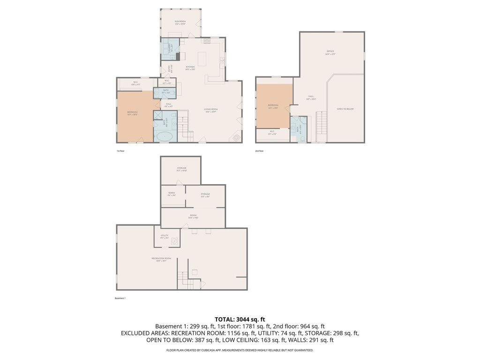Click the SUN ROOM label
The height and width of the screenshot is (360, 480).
point(180,22)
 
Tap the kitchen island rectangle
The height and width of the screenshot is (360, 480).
point(202,59)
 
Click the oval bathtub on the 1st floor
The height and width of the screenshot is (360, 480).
point(164,137)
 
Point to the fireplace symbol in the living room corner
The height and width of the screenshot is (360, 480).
point(237,136)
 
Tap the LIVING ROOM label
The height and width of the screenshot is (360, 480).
point(211,110)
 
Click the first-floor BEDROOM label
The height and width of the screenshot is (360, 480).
point(133,112)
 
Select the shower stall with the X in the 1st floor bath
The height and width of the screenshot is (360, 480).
point(158,117)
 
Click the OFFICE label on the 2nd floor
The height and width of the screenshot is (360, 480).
point(330,52)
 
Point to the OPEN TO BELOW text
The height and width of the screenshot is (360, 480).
point(345,109)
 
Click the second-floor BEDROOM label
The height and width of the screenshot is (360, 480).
point(273,105)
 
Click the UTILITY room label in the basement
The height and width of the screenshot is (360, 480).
point(165,236)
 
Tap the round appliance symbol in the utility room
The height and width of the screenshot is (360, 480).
point(174,241)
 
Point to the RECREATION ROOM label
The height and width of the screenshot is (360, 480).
point(161,259)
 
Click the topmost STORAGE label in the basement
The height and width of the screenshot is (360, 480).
point(182,169)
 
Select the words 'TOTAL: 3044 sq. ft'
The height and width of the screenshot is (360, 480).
point(240,319)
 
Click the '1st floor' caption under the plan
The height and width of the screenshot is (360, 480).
point(120,151)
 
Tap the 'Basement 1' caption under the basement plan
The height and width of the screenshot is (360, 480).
point(120,298)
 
